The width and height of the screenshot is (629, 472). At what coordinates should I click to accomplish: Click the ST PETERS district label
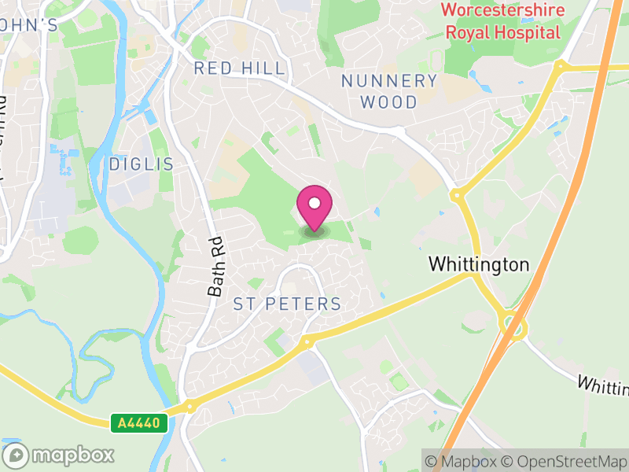coord(287,304)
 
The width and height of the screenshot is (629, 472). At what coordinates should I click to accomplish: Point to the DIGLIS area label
coord(141,164)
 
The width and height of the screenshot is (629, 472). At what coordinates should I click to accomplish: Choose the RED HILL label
coord(240,68)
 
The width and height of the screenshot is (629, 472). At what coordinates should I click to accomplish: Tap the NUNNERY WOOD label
coord(389,91)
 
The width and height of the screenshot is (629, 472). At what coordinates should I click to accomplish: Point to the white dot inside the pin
coord(314,204)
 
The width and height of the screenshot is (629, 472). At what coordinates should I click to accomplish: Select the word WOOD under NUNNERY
coord(389,102)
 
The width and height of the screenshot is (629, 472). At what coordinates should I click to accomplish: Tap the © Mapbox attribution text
coord(465,461)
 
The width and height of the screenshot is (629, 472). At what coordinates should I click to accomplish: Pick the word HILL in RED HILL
coord(263,68)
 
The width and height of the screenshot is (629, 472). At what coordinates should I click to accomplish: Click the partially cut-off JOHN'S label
coord(29,25)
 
